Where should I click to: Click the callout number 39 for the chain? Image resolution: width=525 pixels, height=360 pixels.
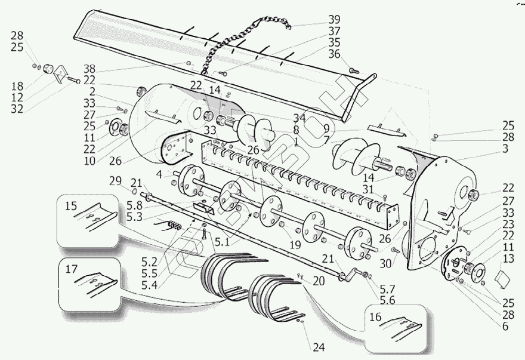(x=333, y=18)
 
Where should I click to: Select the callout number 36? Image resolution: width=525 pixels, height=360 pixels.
(x=333, y=54)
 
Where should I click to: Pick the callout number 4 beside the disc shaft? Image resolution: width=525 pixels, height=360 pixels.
(x=159, y=174)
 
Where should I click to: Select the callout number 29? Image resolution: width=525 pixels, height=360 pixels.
(x=115, y=181)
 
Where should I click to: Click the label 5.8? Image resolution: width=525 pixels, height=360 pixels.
(x=134, y=204)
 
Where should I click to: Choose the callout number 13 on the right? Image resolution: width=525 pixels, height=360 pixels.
(x=508, y=260)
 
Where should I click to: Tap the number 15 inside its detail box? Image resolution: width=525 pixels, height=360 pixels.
(x=71, y=207)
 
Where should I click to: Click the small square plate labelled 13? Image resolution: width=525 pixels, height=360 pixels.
(x=501, y=278)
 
